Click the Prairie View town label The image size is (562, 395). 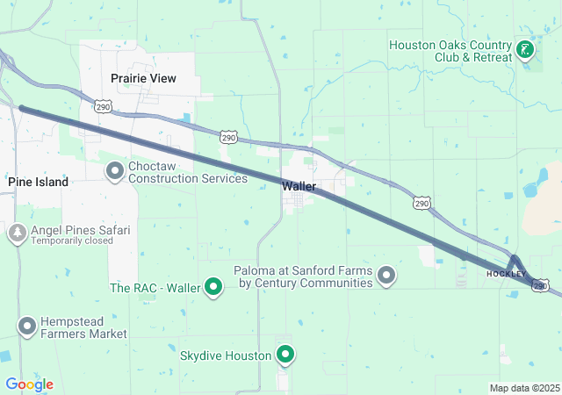click(x=143, y=78)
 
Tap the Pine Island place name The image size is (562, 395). click(x=39, y=181)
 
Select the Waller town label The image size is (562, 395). click(x=299, y=186)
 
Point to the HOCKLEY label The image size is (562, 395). click(x=506, y=275)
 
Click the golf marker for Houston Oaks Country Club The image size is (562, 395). click(x=525, y=51)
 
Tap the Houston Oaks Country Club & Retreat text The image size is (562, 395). click(x=450, y=51)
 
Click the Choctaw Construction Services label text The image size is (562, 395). click(x=188, y=172)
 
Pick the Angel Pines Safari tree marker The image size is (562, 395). click(x=17, y=233)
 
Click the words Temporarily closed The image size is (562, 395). click(x=72, y=241)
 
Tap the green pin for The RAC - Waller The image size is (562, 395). click(x=213, y=287)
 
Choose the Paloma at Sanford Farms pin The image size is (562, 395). click(x=385, y=277)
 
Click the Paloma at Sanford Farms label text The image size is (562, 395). click(x=303, y=277)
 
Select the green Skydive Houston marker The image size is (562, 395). click(x=285, y=355)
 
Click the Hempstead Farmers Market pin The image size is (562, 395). click(x=26, y=327)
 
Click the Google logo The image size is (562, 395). click(x=29, y=384)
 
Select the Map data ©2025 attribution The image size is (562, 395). click(x=524, y=388)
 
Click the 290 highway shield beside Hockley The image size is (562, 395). click(x=541, y=285)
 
